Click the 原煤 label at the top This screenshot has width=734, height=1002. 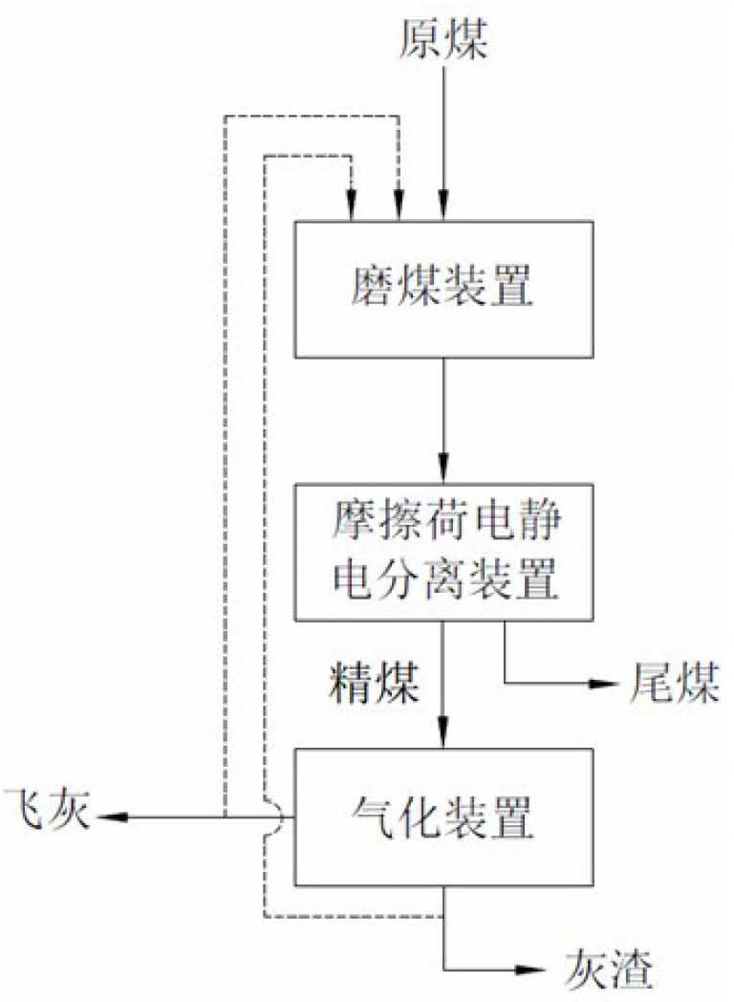click(443, 42)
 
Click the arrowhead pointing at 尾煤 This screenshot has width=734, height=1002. click(601, 685)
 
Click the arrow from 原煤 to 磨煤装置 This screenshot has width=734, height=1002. click(443, 143)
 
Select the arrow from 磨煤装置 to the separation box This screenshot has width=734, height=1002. click(443, 421)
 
